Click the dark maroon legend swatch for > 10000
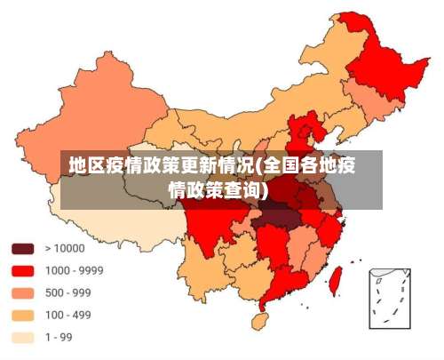click(x=22, y=248)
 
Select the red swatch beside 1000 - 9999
click(x=22, y=270)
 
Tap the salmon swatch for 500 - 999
click(x=22, y=292)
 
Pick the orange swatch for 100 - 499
click(x=22, y=315)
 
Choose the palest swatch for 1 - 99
click(x=22, y=337)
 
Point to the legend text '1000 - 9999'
click(x=75, y=270)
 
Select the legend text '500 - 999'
click(x=68, y=292)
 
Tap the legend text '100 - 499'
click(x=68, y=315)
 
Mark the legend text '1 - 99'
click(x=59, y=337)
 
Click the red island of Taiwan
click(x=335, y=280)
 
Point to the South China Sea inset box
click(x=389, y=298)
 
